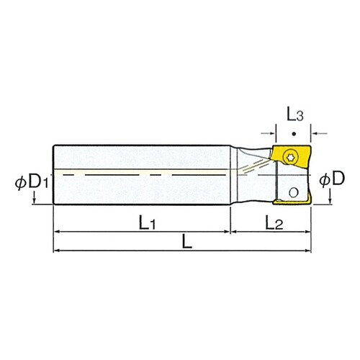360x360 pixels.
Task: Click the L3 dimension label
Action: pos(294,114)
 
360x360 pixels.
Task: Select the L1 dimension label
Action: pos(147,224)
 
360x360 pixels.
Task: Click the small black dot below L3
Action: pos(294,135)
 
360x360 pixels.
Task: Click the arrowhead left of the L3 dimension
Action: pos(272,132)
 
